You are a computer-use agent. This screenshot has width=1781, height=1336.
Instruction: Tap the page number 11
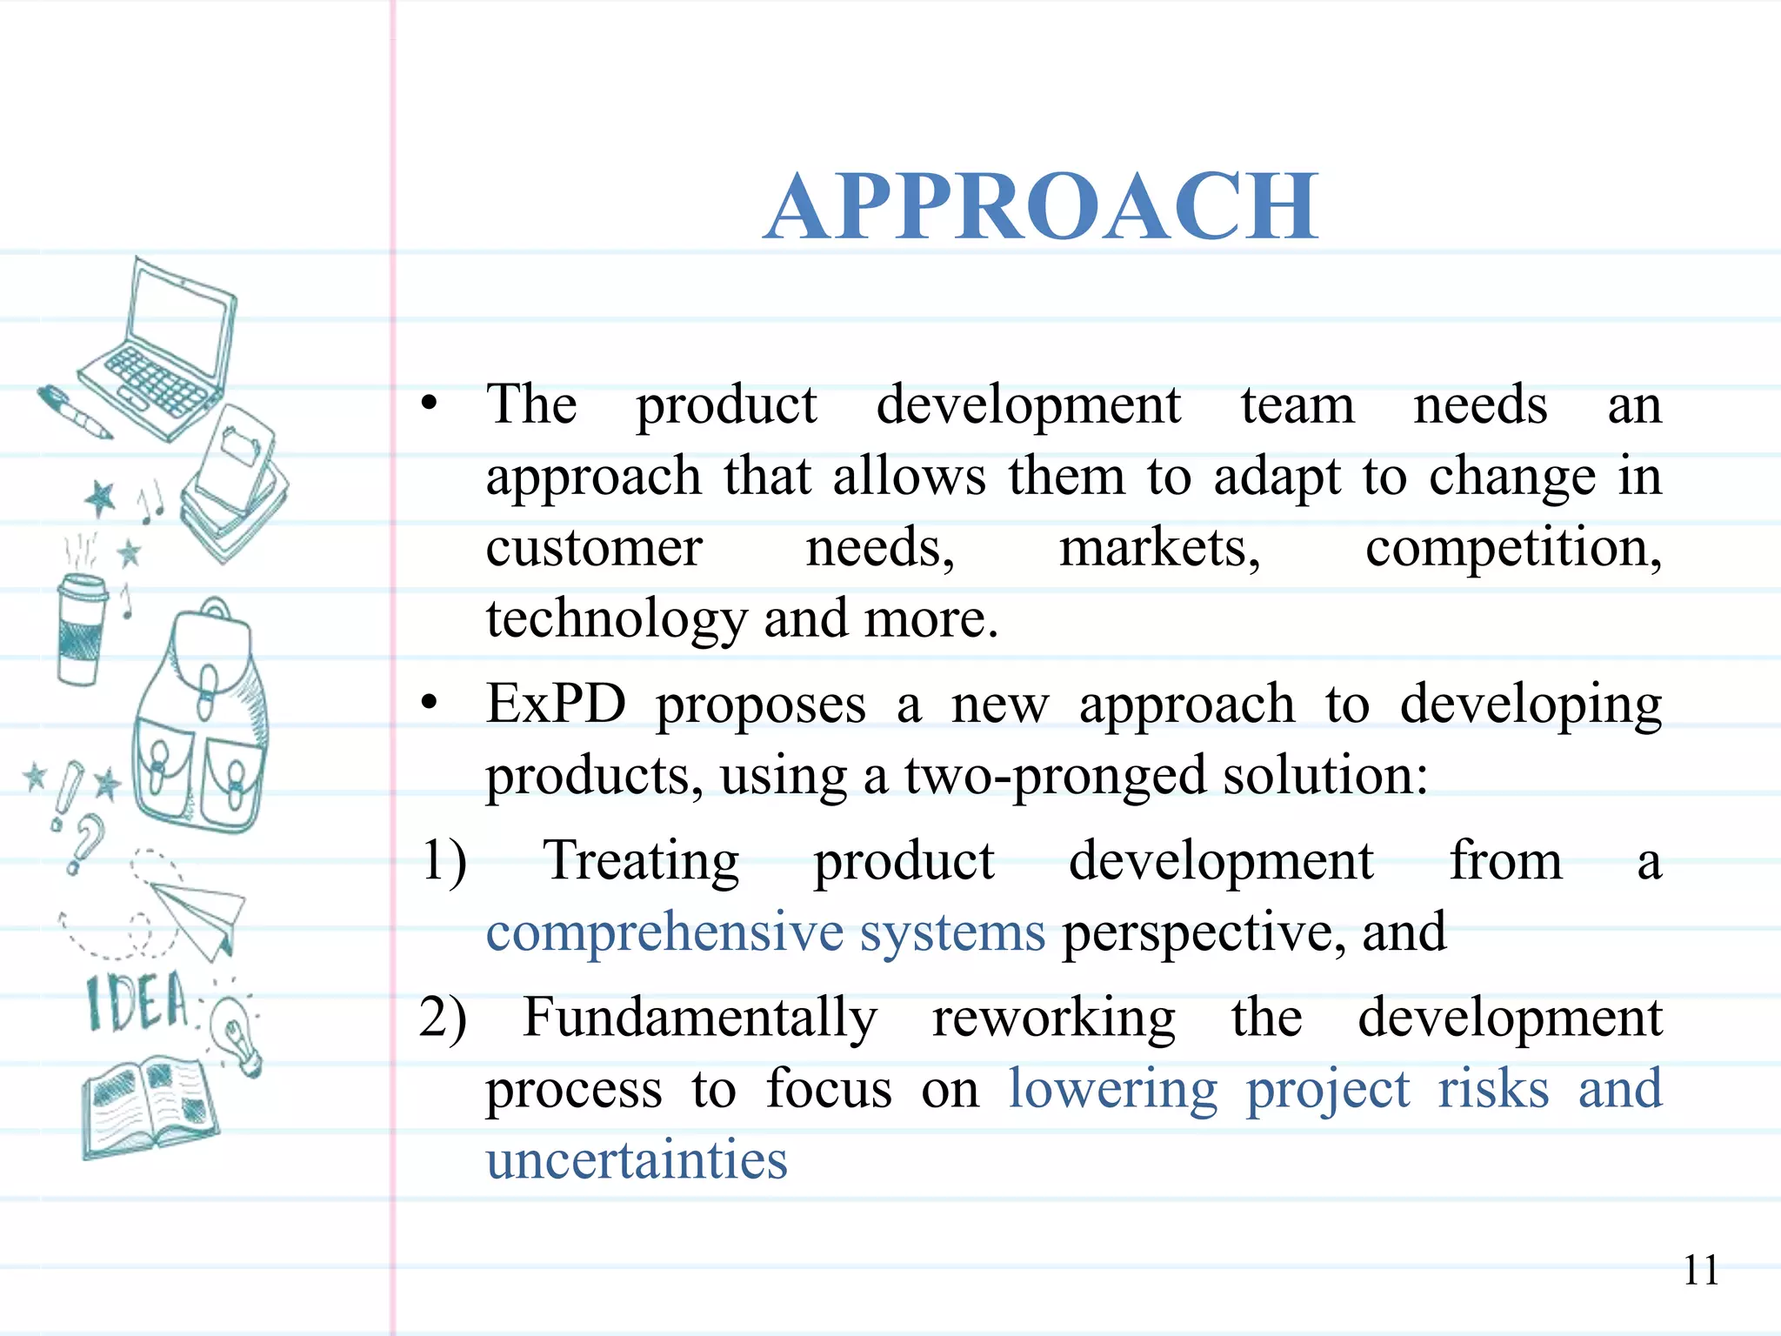pos(1700,1271)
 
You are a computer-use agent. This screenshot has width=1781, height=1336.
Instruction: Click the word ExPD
pos(556,704)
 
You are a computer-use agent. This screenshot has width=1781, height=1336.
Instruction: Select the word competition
pos(1512,549)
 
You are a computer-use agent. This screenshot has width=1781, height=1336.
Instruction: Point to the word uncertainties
pos(637,1160)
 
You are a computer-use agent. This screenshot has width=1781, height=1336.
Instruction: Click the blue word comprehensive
pos(664,932)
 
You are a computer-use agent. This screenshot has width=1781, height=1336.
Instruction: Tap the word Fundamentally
pos(700,1018)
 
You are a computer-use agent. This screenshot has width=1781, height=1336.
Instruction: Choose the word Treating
pos(641,861)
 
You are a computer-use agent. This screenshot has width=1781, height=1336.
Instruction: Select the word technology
pos(616,619)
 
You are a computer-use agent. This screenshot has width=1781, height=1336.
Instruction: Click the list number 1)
pos(444,861)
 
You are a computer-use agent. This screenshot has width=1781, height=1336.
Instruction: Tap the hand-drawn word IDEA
pos(137,1003)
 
